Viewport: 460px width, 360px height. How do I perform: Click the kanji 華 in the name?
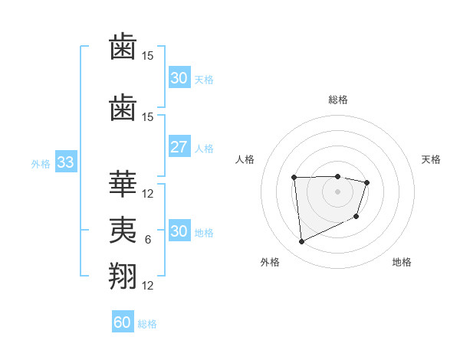click(x=123, y=184)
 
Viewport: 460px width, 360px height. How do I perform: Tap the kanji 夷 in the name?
click(x=123, y=230)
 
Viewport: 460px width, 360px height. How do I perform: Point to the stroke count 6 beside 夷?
click(x=148, y=240)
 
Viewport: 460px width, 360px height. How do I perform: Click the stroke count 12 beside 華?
click(x=148, y=194)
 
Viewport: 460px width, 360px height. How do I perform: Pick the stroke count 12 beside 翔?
click(x=148, y=286)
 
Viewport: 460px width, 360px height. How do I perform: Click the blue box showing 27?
click(x=179, y=147)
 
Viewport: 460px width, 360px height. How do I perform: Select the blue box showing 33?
click(x=65, y=163)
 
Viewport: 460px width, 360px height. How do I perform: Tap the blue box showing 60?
click(x=123, y=322)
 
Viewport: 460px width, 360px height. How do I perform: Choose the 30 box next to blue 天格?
click(x=179, y=78)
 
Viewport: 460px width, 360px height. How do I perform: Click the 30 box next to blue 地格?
click(x=179, y=231)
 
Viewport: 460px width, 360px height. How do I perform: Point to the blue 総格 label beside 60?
click(x=147, y=324)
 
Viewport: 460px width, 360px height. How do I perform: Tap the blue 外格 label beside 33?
click(x=41, y=164)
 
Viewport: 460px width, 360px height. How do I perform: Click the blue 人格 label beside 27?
click(x=204, y=148)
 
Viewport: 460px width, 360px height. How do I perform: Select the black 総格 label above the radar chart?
click(x=338, y=100)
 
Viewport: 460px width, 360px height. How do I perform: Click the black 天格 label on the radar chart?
click(x=432, y=159)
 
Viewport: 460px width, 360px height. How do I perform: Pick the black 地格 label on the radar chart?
click(x=402, y=262)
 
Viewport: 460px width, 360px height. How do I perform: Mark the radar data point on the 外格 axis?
click(x=301, y=242)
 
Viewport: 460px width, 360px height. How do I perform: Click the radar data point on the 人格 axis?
click(x=294, y=178)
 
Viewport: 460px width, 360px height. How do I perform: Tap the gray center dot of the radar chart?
click(x=337, y=191)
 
